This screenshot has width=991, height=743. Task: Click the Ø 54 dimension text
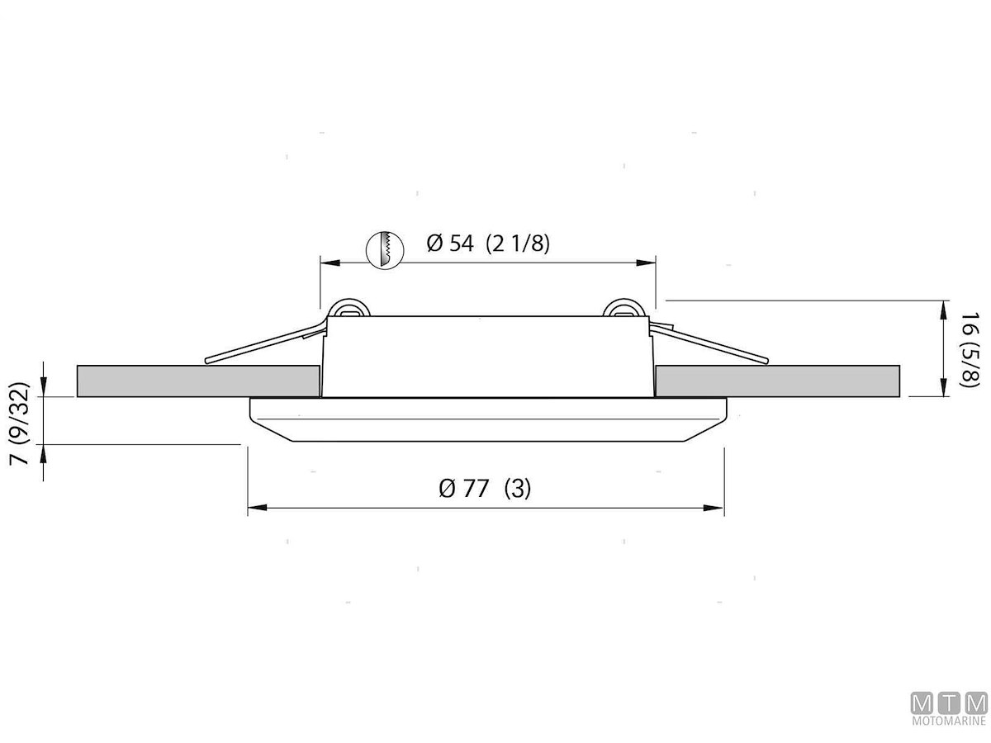(x=450, y=244)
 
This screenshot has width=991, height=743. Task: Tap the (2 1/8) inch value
(x=518, y=244)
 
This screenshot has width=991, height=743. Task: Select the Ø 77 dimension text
(x=463, y=488)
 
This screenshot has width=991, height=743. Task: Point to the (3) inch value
(x=518, y=489)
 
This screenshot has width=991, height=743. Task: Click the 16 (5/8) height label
(x=969, y=349)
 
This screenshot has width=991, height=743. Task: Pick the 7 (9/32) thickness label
(x=20, y=424)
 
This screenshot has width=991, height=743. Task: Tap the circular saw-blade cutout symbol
(x=385, y=250)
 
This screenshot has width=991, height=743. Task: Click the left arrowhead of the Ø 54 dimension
(x=330, y=263)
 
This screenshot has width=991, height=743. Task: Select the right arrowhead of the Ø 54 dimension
(x=646, y=263)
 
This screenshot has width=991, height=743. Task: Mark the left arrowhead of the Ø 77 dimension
(x=258, y=508)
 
